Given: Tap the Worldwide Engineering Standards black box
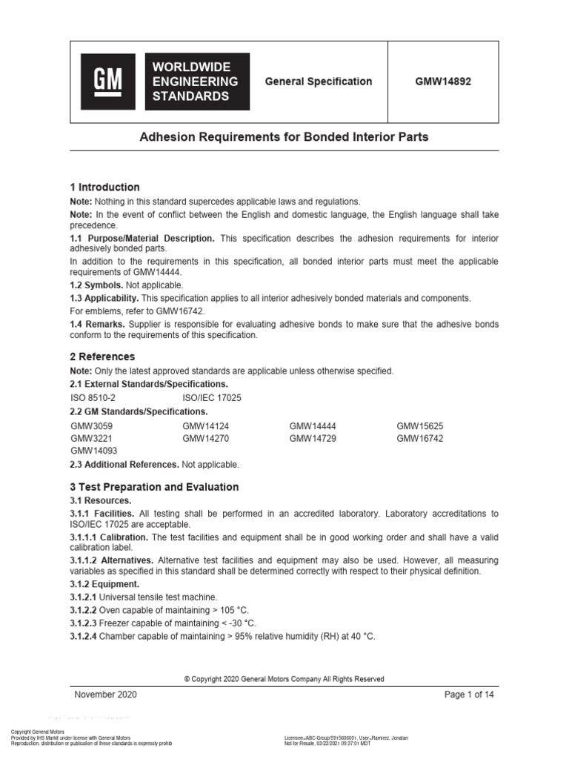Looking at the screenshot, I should click(197, 82).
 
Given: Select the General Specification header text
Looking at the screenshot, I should click(319, 82).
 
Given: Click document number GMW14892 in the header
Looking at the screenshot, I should click(443, 82).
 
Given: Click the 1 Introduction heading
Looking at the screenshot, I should click(104, 187).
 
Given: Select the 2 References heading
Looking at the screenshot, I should click(102, 357).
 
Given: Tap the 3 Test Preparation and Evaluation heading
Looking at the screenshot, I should click(154, 487).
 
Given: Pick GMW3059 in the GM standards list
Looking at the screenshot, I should click(92, 426).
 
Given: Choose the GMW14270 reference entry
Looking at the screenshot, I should click(205, 438).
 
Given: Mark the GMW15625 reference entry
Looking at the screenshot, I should click(419, 426).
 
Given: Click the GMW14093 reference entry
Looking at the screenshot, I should click(93, 450).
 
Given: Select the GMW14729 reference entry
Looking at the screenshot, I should click(313, 438).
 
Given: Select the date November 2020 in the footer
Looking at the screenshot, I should click(106, 695).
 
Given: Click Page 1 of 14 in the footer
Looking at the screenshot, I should click(469, 695).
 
